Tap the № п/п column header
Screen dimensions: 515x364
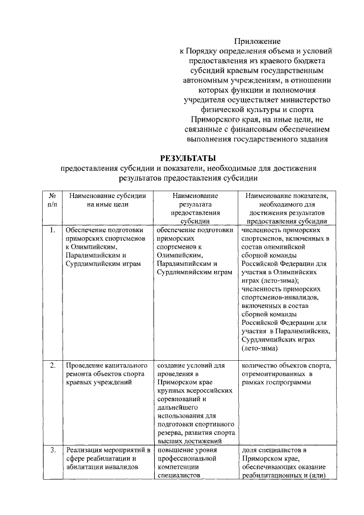tap(52, 200)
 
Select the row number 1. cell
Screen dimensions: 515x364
tap(52, 230)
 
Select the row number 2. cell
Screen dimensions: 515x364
tap(52, 365)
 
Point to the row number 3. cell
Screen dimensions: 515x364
tap(52, 451)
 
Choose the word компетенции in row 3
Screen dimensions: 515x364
tap(177, 468)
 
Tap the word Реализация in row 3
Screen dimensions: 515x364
tap(85, 451)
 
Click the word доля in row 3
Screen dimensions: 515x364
tap(250, 451)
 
